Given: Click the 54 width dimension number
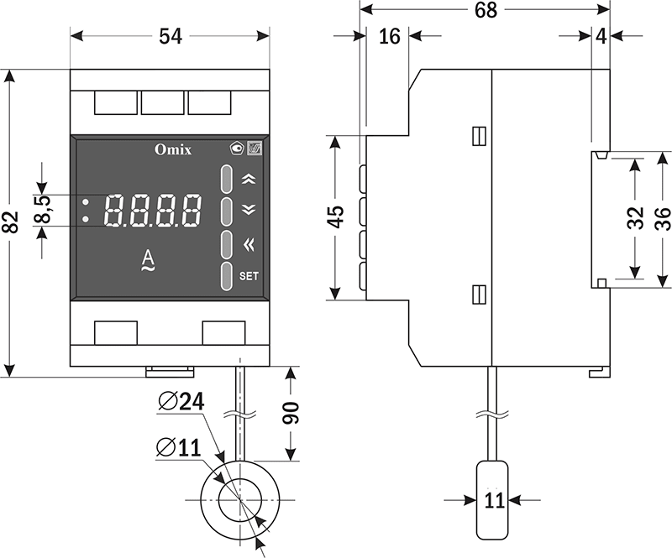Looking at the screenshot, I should click(x=171, y=36).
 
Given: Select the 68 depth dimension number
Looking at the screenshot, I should click(x=486, y=10).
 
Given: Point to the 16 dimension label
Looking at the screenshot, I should click(x=389, y=36).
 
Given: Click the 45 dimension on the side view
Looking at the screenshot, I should click(x=335, y=216).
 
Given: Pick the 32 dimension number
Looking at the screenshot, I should click(x=635, y=216).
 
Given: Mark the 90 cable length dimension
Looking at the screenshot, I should click(x=291, y=412).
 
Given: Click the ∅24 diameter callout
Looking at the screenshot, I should click(x=181, y=402).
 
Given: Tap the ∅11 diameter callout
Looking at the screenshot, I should click(x=178, y=447).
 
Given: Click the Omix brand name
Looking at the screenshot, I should click(x=173, y=149).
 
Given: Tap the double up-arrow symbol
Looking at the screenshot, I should click(x=247, y=179).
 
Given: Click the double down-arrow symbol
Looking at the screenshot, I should click(x=247, y=210).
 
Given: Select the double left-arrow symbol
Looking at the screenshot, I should click(x=247, y=245).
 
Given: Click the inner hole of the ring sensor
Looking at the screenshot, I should click(x=240, y=502).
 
